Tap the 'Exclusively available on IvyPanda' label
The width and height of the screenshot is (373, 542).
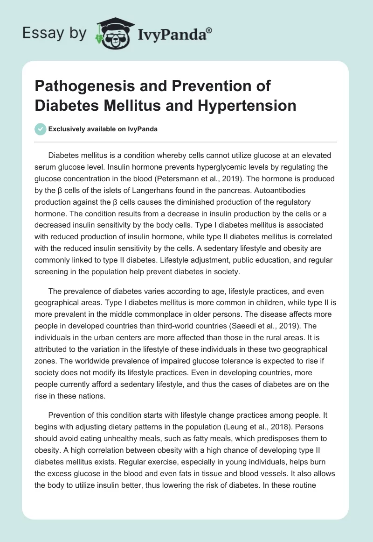103,129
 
